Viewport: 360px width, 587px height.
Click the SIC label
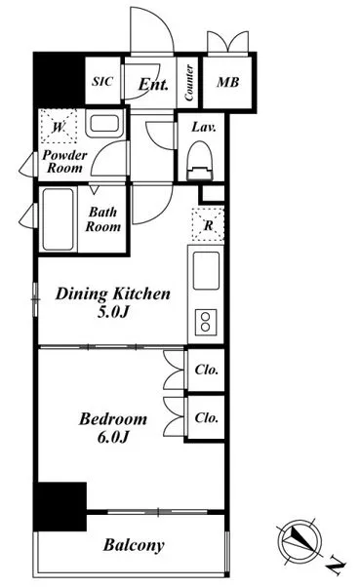102,81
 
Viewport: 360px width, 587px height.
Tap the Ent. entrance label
153,84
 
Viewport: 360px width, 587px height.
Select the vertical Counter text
189,82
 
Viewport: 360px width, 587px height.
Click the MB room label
227,82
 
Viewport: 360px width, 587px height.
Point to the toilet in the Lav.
200,161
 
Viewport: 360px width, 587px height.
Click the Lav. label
204,128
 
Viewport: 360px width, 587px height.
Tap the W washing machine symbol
59,126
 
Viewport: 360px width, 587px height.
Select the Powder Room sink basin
104,124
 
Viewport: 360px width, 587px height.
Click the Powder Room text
64,161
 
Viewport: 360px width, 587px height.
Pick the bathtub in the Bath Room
59,219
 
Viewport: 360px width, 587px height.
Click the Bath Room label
103,219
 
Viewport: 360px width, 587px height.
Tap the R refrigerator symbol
208,224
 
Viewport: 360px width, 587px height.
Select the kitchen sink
206,271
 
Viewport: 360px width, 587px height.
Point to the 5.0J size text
113,312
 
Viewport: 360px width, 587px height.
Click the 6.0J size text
113,437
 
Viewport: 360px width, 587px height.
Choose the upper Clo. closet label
207,370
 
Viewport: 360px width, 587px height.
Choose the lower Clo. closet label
207,417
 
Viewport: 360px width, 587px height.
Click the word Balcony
134,545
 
